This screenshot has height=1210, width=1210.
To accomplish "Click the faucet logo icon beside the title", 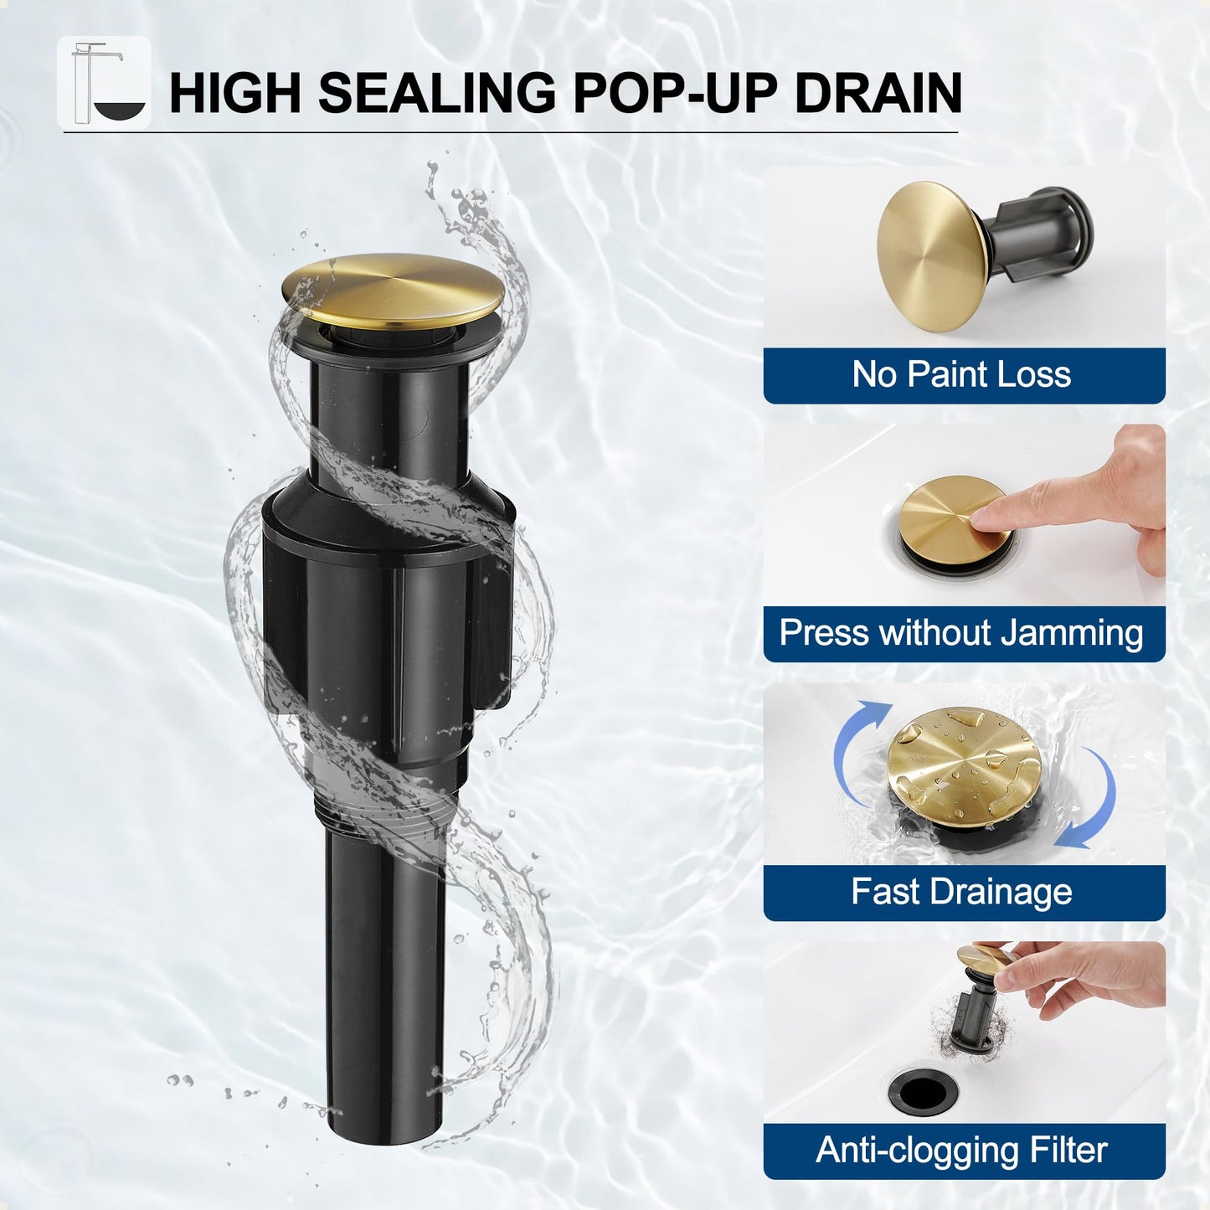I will click(104, 83).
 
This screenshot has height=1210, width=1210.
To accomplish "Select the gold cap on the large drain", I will click(393, 289).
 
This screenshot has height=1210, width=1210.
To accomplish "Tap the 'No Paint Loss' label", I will click(963, 374).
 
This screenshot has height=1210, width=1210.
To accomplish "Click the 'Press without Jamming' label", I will click(963, 633).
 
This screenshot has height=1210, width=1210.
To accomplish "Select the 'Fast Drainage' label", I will click(963, 892).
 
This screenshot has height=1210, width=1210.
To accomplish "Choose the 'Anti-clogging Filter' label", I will click(963, 1151).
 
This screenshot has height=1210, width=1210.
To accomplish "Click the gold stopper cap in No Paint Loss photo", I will click(929, 255).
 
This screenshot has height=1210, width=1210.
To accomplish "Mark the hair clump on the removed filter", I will click(955, 1022).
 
